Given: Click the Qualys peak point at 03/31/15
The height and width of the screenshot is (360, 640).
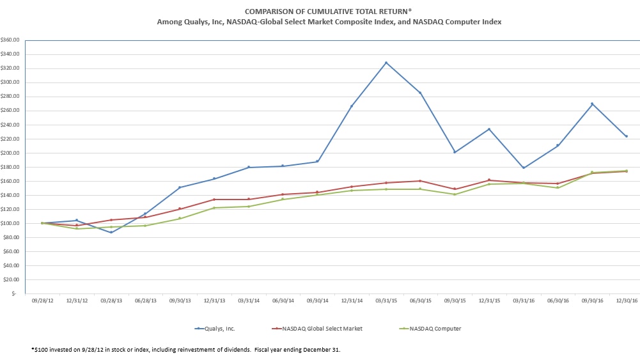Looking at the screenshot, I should pos(386,63).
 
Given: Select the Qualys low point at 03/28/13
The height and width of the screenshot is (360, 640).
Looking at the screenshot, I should pos(111,232).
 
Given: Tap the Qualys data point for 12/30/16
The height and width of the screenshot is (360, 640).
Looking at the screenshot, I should pos(626,136).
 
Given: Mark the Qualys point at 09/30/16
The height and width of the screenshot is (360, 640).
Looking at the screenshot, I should pos(591,104).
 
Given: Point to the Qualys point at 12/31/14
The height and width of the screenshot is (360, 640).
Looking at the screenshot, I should pos(351,106).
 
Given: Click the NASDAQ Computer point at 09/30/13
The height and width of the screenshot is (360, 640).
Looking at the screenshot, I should pos(180,219).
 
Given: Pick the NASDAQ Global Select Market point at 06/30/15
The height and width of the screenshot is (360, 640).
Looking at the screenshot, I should pos(420,181).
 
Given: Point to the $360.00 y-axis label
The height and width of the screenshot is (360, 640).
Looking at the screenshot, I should pos(11,40).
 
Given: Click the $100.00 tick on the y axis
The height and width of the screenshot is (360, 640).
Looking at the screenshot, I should pos(11,223).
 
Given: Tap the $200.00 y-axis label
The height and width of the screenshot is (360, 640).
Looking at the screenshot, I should pos(11,153).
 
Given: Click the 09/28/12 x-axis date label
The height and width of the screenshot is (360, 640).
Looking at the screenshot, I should pos(42,300).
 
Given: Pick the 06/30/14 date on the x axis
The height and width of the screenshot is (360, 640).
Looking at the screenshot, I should pos(283,300).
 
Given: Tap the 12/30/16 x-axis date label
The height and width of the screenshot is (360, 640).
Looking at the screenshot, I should pos(626,300).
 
